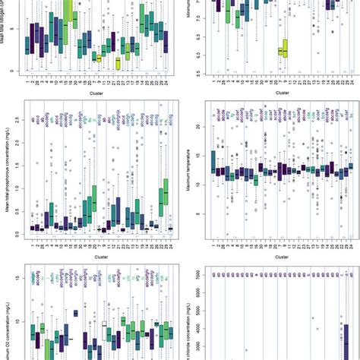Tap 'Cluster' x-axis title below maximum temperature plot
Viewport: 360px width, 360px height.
pos(281,257)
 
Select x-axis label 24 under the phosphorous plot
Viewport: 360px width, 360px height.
pos(172,245)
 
